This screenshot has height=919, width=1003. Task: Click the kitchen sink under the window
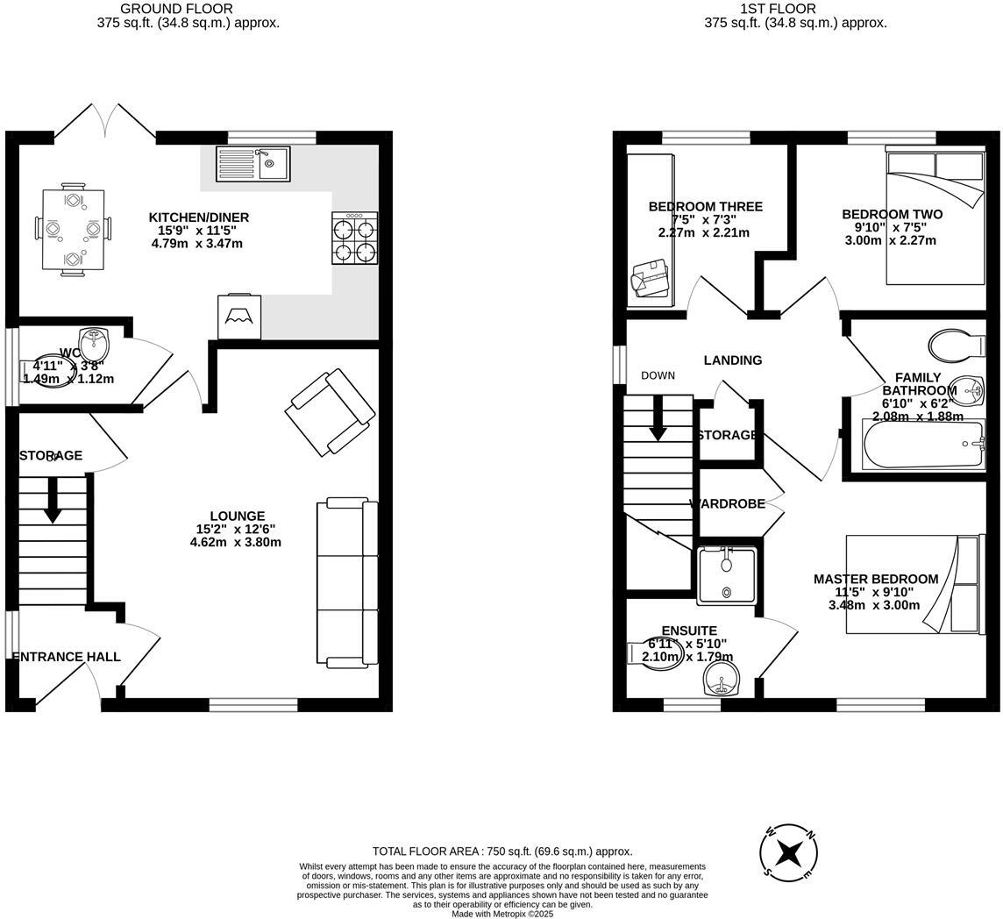(253, 163)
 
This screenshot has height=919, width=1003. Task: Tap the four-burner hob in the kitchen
(355, 239)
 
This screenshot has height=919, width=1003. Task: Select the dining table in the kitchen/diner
(73, 230)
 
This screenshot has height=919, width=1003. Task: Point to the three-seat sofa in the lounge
(347, 582)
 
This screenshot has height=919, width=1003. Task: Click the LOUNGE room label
(237, 516)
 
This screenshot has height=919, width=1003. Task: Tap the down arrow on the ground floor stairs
(53, 501)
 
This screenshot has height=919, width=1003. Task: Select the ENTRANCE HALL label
(67, 657)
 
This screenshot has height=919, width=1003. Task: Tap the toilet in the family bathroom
(956, 346)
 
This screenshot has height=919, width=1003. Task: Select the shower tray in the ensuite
(727, 575)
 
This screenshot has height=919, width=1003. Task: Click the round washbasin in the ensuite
(722, 679)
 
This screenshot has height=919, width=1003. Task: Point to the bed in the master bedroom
(912, 584)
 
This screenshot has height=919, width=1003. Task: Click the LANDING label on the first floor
(733, 360)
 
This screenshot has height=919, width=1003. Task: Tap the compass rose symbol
(789, 851)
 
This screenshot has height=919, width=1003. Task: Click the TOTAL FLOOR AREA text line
(501, 851)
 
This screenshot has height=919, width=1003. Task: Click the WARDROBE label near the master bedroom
(728, 504)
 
